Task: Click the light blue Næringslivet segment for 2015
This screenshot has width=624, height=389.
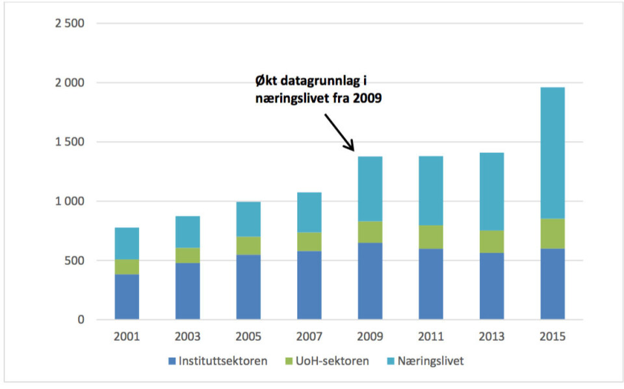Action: pos(552,153)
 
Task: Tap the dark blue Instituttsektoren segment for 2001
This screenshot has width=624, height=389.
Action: pos(126,297)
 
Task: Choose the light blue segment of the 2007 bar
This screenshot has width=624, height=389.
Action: pos(308,212)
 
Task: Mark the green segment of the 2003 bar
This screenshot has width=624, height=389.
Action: pos(188,255)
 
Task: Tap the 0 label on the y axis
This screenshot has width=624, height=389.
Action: pos(81,320)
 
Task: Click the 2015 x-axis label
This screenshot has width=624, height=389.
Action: pos(552,337)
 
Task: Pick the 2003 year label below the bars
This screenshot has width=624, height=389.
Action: pos(188,337)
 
